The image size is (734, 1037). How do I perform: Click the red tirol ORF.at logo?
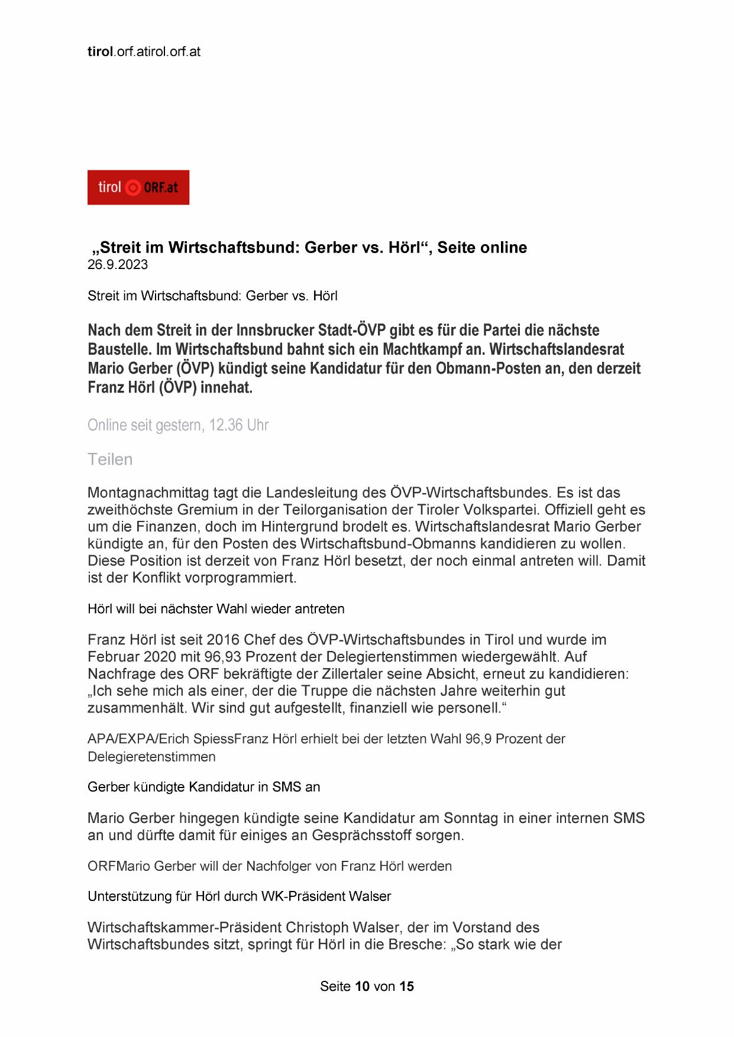coord(138,187)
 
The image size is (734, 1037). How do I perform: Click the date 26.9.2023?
coord(118,264)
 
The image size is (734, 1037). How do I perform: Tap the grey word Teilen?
coord(110,459)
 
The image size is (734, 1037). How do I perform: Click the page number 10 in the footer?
coord(363,986)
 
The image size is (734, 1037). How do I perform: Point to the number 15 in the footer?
coord(406,986)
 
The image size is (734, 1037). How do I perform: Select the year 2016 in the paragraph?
coord(223,639)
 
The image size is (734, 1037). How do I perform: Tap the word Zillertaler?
coord(385,673)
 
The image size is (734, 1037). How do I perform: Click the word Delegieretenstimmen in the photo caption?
coord(151,757)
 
